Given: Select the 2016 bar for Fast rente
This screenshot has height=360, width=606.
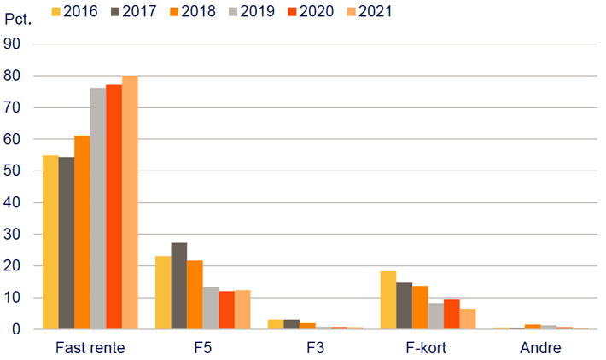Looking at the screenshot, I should (50, 242).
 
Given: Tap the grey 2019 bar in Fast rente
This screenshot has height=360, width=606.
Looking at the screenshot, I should (98, 209).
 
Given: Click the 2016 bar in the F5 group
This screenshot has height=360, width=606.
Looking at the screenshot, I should (162, 293).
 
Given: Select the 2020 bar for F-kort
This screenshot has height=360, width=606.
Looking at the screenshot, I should (452, 314).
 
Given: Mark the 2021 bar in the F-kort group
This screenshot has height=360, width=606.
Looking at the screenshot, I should (468, 319).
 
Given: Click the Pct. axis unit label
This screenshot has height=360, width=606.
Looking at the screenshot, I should (18, 18).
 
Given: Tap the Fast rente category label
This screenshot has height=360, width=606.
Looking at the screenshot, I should (90, 348).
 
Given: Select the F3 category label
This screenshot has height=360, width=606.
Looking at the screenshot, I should (316, 348).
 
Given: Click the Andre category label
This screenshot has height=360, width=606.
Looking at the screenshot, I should (540, 348).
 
